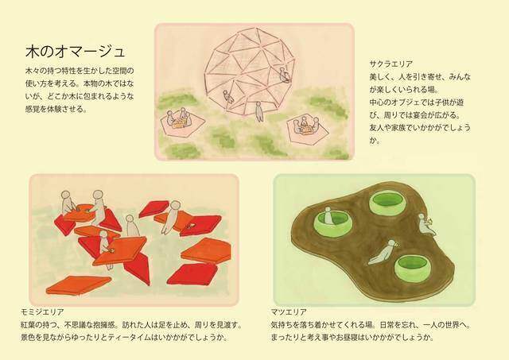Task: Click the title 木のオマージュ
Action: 75,52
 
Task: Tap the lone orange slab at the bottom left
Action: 77,284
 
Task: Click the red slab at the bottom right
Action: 191,274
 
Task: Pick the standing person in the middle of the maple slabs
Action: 133,226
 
